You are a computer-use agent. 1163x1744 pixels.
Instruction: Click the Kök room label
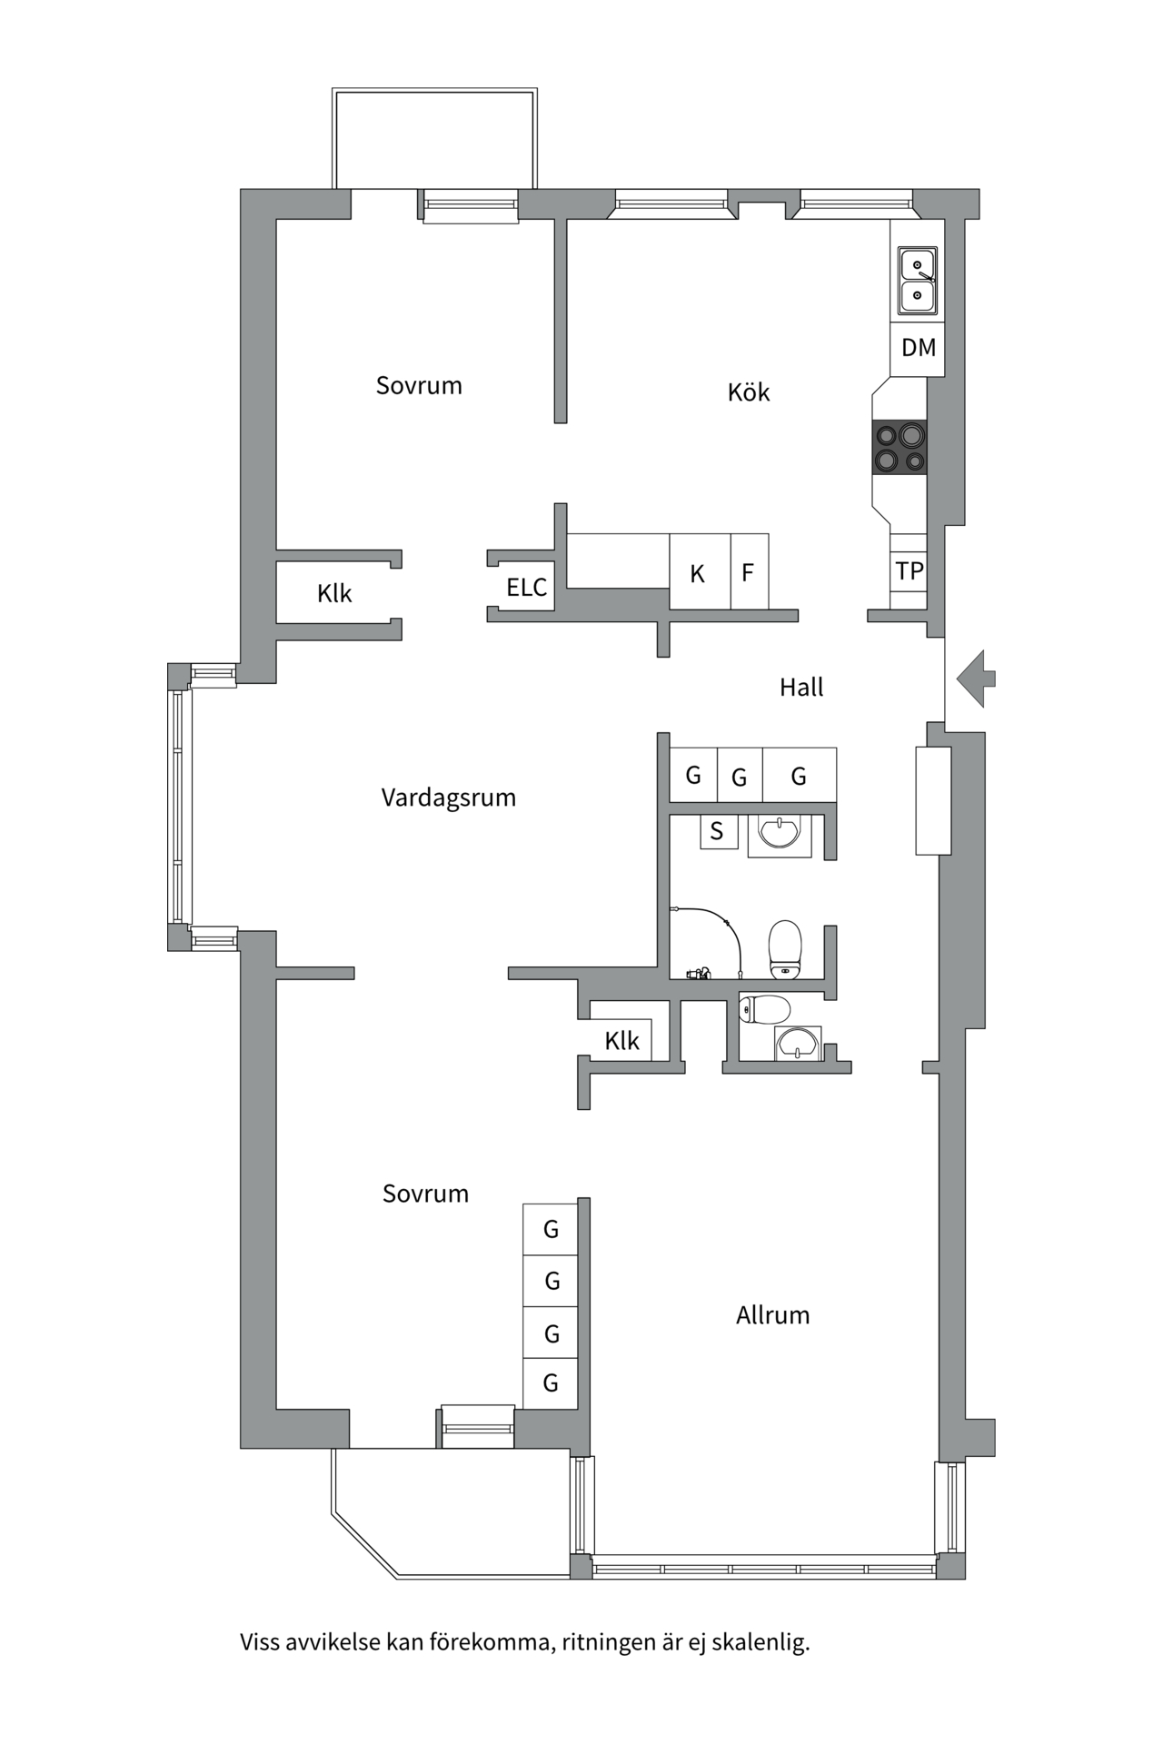[749, 392]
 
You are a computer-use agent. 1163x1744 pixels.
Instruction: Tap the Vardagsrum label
[448, 798]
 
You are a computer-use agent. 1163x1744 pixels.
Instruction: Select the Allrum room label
[772, 1315]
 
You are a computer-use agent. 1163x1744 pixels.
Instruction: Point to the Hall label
[800, 688]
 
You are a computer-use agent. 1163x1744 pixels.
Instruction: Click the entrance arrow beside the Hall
[976, 679]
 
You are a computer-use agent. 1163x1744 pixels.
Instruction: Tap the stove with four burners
[900, 448]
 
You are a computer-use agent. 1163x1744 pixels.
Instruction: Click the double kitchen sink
[918, 281]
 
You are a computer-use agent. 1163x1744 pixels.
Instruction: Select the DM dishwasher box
[918, 347]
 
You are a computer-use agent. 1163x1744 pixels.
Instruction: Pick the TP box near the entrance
[909, 571]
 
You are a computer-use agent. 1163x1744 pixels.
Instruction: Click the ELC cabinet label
[526, 588]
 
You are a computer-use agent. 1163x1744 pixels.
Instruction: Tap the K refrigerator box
[699, 573]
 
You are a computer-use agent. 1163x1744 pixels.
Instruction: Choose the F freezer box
[749, 572]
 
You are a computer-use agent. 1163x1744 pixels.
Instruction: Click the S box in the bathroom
[717, 831]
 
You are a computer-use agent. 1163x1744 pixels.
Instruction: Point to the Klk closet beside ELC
[334, 594]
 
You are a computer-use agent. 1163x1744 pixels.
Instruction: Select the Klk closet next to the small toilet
[621, 1041]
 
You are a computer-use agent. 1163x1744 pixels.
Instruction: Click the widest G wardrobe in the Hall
[799, 776]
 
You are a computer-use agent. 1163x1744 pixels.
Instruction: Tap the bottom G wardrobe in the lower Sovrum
[550, 1383]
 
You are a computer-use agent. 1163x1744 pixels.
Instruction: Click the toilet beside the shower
[785, 948]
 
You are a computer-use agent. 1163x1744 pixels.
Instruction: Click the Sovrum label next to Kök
[419, 386]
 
